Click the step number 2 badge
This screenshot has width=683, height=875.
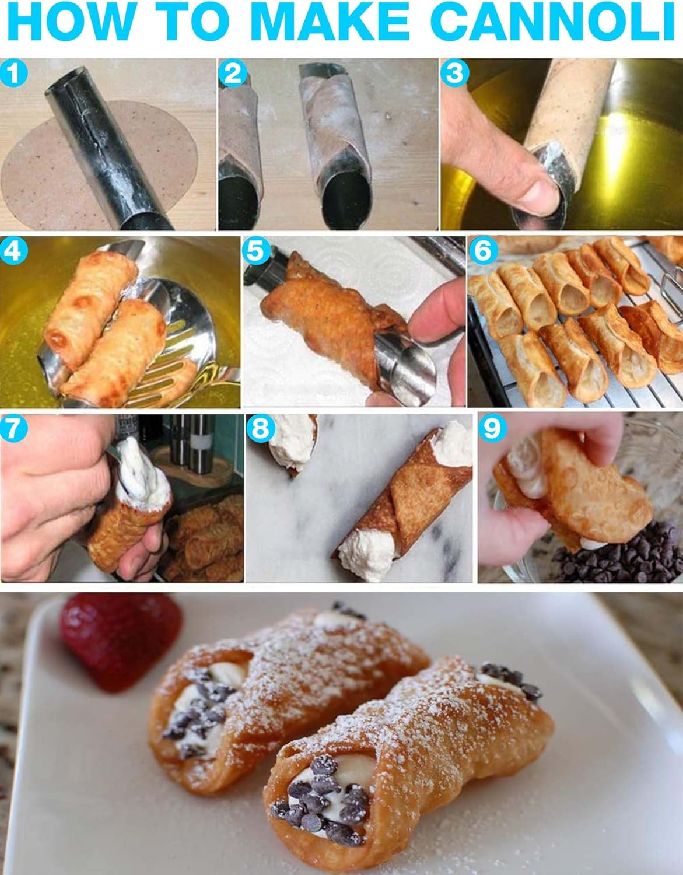coord(233,74)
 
